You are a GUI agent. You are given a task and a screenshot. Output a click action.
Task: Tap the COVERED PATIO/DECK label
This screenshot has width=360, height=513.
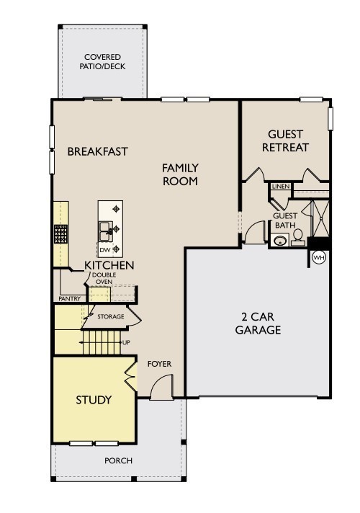pos(102,62)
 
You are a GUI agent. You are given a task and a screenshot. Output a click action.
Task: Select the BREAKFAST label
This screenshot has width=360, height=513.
pos(97,151)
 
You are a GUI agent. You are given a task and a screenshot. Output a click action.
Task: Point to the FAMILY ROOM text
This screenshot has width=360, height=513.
pos(180,174)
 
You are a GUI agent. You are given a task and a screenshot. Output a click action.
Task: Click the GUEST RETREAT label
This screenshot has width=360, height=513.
pos(285,140)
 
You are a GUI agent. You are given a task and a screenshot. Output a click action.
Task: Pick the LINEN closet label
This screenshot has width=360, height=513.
pos(281,187)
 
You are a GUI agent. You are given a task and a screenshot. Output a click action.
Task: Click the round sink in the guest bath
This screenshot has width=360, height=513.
pos(280,241)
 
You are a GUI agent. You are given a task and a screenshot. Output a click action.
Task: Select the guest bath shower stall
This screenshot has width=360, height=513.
pos(320,218)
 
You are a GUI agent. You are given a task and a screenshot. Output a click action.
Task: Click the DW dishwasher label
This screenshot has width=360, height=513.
pos(104,250)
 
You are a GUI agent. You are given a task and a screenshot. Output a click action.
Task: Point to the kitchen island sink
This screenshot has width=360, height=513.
pos(105,231)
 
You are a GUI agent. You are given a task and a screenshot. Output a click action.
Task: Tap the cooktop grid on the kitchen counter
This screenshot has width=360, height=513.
pos(60,234)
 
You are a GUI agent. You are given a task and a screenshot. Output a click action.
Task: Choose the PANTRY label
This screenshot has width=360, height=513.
pos(69,299)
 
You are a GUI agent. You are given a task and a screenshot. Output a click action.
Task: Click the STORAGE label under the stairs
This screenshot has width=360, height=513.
pos(110,317)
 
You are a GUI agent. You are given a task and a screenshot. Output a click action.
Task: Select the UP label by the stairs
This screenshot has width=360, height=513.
pos(126,342)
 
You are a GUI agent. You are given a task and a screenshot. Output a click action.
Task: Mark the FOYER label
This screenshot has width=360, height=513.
pos(159,364)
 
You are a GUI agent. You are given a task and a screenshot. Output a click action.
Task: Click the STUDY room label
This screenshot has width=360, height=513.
pos(94,400)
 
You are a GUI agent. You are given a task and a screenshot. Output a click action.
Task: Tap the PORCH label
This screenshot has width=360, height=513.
pos(118,460)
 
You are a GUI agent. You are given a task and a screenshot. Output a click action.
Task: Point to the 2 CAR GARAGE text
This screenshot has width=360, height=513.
pos(258,324)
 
